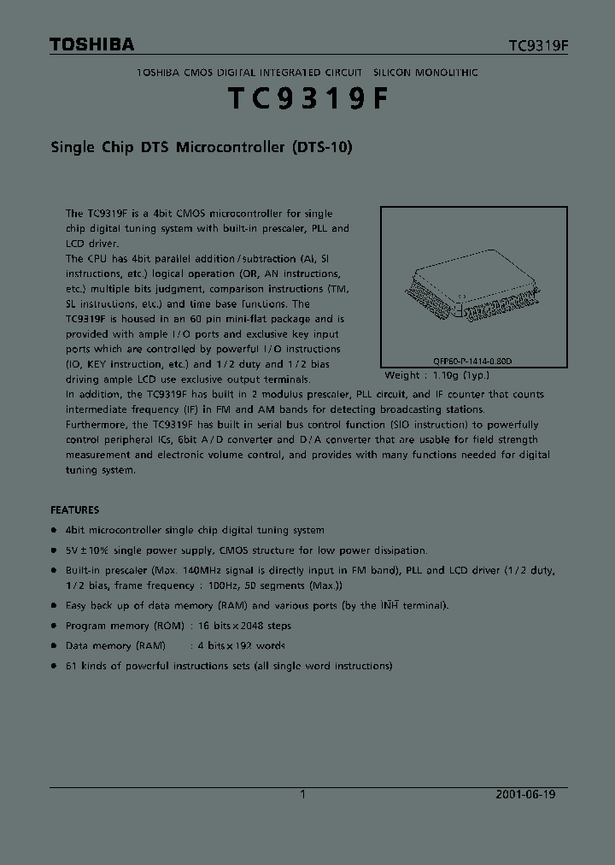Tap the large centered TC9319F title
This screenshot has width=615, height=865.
click(x=307, y=100)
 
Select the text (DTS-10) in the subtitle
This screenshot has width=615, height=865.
click(x=322, y=147)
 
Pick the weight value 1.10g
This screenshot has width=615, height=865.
click(x=443, y=375)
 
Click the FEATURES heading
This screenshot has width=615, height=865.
click(x=75, y=509)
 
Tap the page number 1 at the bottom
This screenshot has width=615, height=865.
click(x=302, y=794)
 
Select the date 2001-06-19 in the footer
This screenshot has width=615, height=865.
click(x=525, y=794)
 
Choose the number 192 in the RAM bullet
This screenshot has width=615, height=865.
click(x=235, y=645)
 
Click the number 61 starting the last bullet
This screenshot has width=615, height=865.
click(x=72, y=666)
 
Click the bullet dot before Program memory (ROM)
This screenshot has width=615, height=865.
click(x=55, y=626)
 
